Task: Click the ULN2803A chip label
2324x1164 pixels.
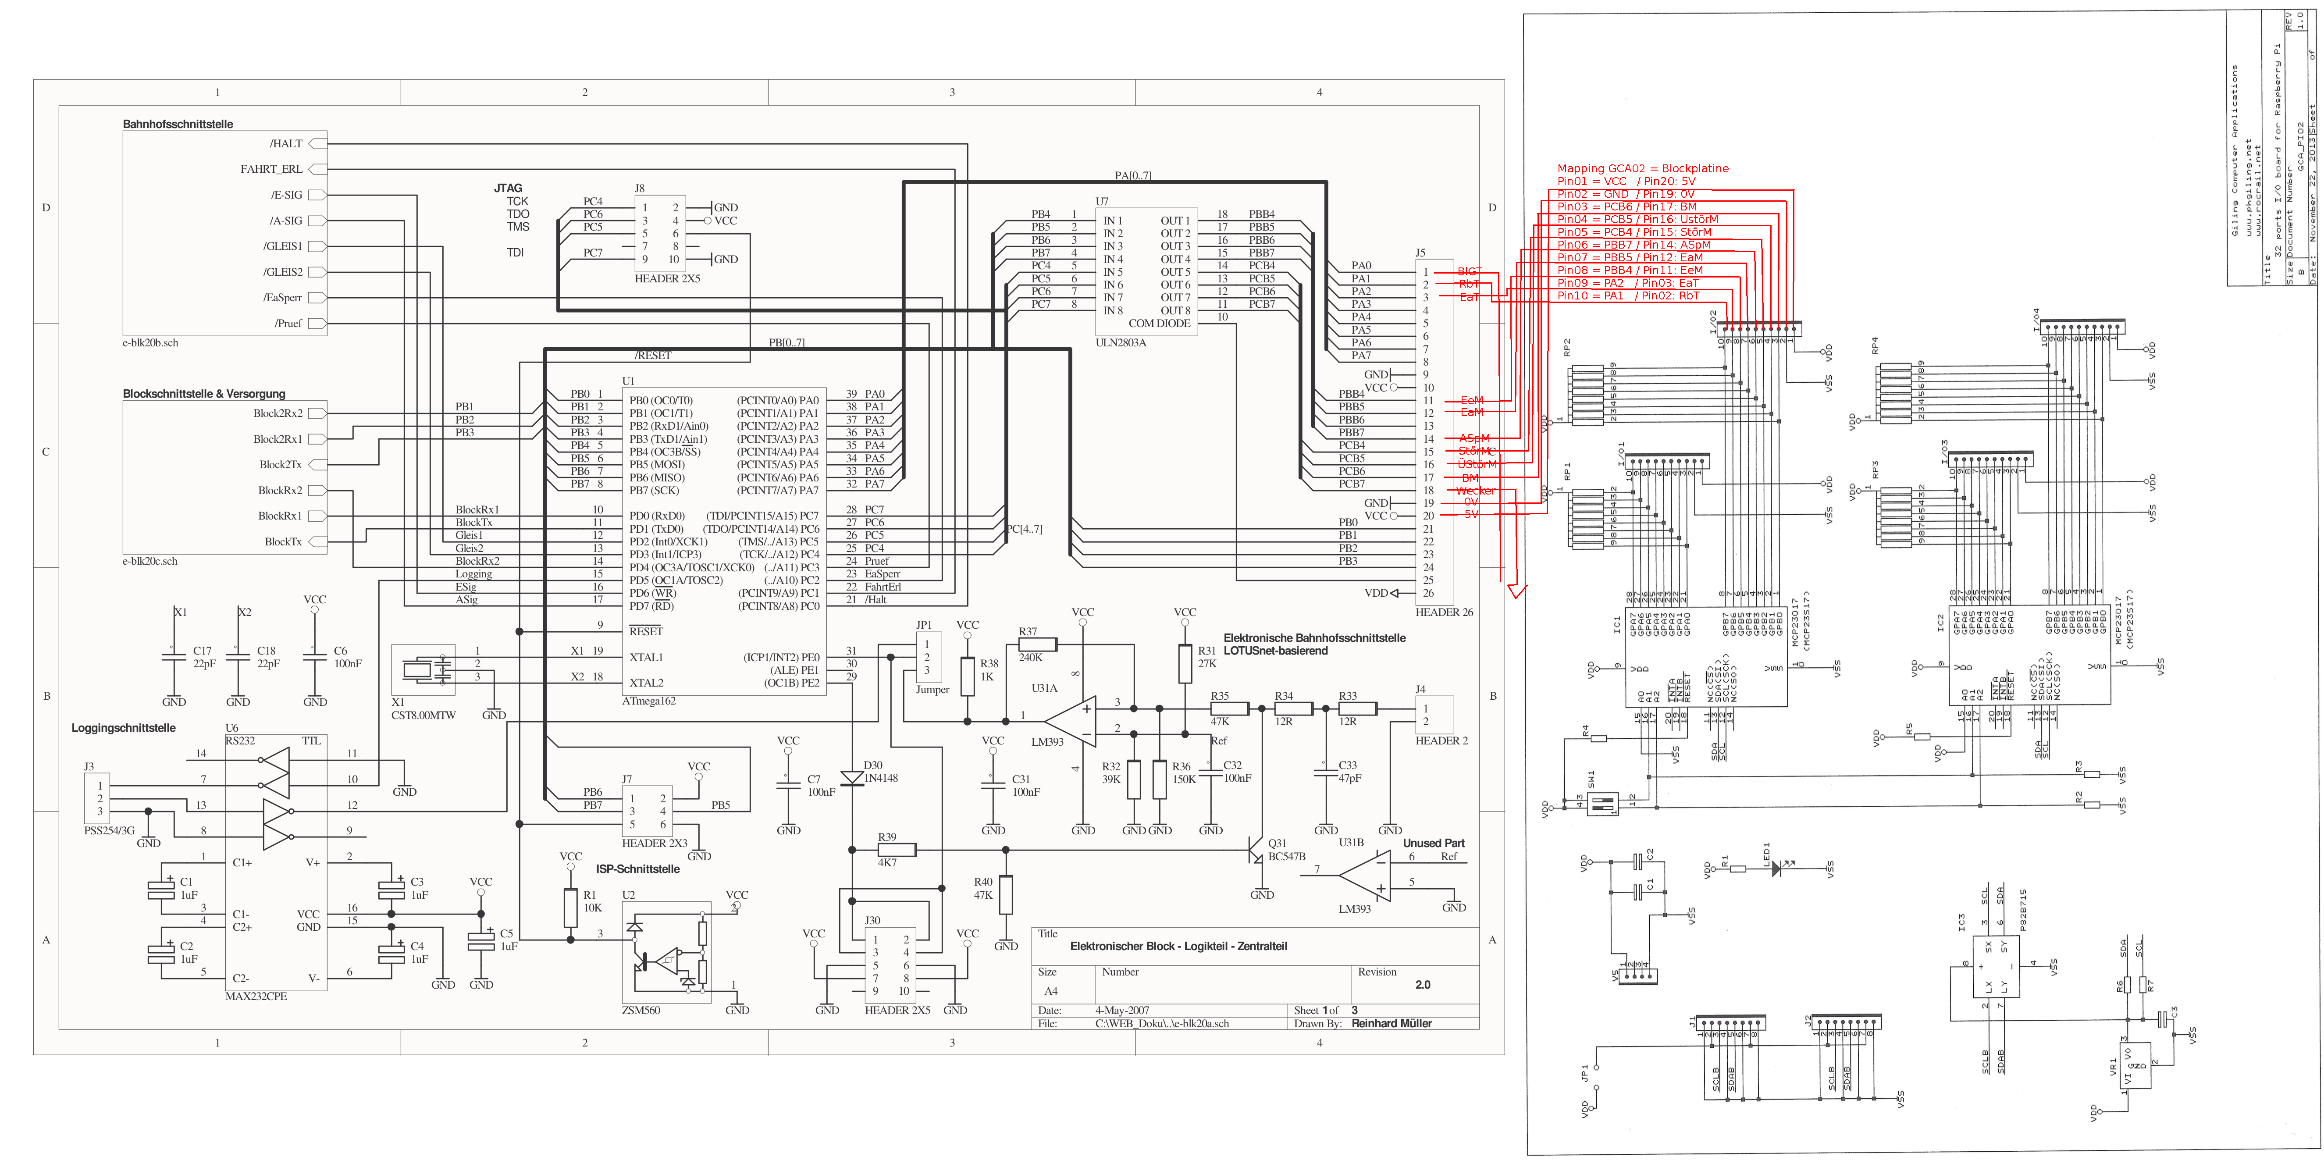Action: pyautogui.click(x=1121, y=343)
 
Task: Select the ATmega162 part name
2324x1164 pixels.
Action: pyautogui.click(x=649, y=701)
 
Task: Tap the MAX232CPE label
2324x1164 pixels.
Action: pyautogui.click(x=256, y=996)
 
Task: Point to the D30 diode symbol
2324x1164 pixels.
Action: pyautogui.click(x=852, y=778)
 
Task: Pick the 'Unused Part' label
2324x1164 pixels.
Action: pyautogui.click(x=1434, y=843)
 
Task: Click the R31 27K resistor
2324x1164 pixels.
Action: pyautogui.click(x=1185, y=663)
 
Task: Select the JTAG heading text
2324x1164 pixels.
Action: pyautogui.click(x=508, y=188)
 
